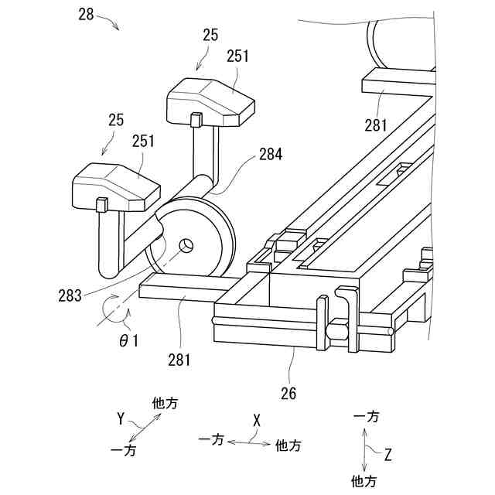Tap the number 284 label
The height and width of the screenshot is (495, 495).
[270, 155]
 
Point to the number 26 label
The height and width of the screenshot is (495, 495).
[289, 392]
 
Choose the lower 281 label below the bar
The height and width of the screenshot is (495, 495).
[178, 359]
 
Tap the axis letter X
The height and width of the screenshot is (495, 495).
[257, 420]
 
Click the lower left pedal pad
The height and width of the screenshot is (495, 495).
[116, 186]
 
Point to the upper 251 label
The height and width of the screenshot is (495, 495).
[238, 56]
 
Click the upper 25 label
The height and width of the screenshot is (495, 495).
[210, 35]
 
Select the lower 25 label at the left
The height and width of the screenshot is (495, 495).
[116, 120]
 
